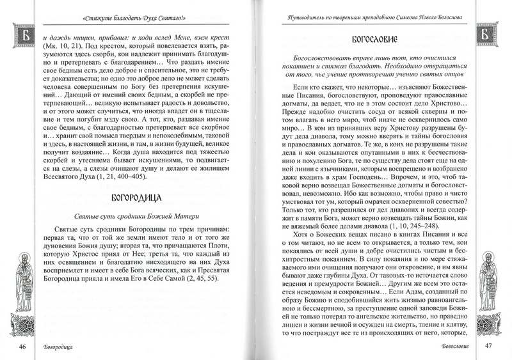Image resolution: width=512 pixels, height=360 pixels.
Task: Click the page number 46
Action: [x=22, y=347]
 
